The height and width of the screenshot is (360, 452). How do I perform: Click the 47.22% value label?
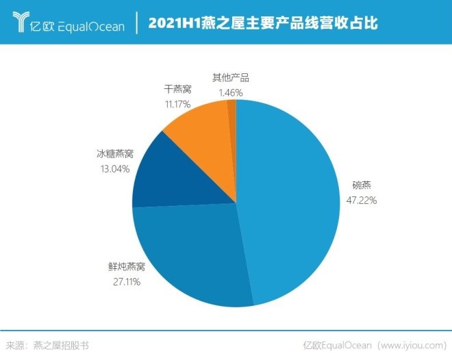pyautogui.click(x=360, y=201)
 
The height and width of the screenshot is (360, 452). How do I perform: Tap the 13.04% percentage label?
pyautogui.click(x=113, y=169)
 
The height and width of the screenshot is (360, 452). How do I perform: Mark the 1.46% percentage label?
pyautogui.click(x=230, y=92)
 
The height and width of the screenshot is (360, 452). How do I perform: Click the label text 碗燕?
pyautogui.click(x=361, y=185)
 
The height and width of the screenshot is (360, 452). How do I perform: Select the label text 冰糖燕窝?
pyautogui.click(x=113, y=155)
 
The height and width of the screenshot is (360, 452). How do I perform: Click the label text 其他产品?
pyautogui.click(x=230, y=78)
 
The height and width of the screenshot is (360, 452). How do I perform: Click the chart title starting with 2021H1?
pyautogui.click(x=263, y=23)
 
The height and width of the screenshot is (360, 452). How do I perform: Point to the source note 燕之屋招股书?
pyautogui.click(x=61, y=346)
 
